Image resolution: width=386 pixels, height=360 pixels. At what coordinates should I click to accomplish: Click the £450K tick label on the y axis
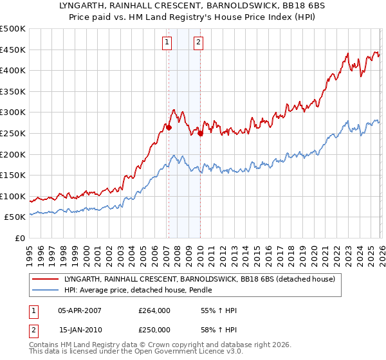click(x=13, y=50)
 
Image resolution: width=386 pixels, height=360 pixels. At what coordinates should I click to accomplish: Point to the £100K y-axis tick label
click(x=13, y=196)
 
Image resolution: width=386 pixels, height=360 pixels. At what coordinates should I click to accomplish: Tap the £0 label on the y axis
click(x=19, y=238)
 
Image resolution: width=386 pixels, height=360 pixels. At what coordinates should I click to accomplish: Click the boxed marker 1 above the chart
click(x=167, y=43)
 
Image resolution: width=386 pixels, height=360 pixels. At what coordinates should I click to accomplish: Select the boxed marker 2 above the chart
click(x=198, y=43)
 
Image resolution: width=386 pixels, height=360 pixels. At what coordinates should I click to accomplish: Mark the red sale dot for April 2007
click(x=169, y=127)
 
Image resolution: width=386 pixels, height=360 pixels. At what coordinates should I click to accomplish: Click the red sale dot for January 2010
click(x=200, y=133)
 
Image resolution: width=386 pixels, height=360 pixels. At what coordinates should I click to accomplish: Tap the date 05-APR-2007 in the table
click(x=80, y=310)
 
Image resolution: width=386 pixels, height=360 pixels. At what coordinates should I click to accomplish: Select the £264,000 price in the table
click(x=154, y=310)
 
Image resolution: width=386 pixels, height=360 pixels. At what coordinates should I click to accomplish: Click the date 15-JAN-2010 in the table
click(x=80, y=330)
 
